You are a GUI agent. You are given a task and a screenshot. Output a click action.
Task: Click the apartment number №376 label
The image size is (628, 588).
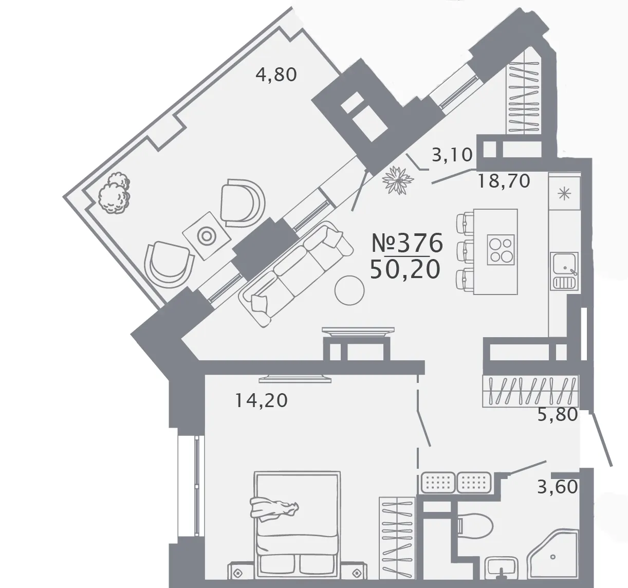point(407,243)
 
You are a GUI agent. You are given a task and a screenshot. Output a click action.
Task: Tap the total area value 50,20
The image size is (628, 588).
point(405,270)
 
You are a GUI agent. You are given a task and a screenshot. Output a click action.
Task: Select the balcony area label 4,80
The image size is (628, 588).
point(276,75)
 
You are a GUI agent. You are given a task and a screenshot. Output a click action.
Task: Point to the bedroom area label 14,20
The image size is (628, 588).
point(261,401)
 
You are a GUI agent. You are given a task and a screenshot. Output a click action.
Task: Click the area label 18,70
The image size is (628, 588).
point(504,181)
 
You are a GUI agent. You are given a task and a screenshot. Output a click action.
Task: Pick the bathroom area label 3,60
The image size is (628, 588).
point(558,487)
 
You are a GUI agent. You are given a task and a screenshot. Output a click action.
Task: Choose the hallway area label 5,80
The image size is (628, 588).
point(558,415)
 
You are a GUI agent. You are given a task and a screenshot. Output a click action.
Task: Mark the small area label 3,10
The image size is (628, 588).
point(452,155)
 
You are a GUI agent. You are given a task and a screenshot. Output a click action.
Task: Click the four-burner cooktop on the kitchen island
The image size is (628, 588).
point(501,250)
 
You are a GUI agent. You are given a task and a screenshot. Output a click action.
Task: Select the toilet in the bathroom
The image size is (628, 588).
point(475,527)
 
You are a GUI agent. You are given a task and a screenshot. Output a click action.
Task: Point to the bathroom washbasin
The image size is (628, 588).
point(501,569)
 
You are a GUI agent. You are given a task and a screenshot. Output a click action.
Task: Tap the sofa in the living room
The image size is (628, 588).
point(295,273)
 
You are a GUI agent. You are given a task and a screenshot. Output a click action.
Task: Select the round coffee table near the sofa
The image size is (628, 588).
point(349,290)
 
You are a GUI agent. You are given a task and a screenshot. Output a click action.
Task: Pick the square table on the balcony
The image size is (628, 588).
point(206,236)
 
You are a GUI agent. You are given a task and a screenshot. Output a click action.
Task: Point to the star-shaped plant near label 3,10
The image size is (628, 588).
point(398,180)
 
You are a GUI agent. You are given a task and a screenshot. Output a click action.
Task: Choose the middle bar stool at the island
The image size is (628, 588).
point(465,250)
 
